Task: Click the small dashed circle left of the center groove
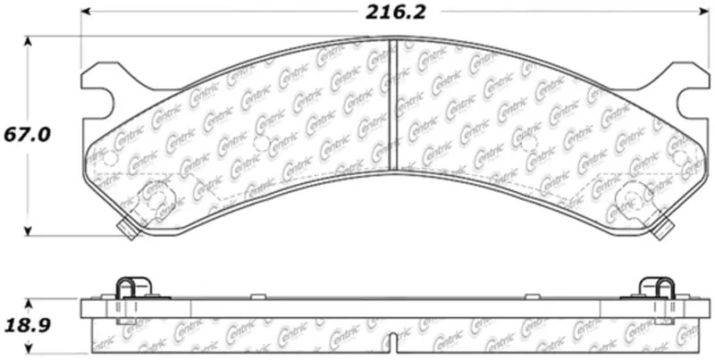coord(261,144)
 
